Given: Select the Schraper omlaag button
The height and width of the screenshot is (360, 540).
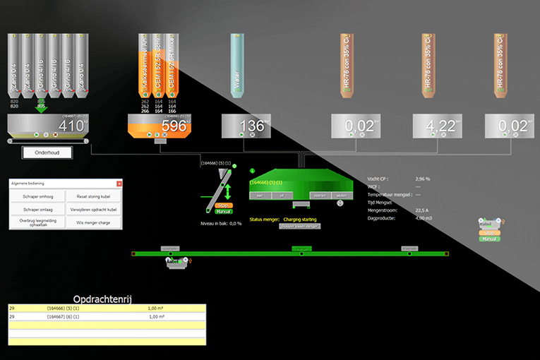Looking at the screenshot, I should tap(37, 210).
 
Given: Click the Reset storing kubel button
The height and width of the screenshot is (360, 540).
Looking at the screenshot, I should tap(94, 197).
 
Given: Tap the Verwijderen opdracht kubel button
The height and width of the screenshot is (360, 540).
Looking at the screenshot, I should tap(94, 210).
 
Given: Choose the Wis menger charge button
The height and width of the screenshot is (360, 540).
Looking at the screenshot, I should tap(94, 223).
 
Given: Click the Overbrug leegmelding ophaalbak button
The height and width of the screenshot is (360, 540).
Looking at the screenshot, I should tap(37, 223).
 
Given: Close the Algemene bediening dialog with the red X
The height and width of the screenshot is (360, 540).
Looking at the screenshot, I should tap(119, 184).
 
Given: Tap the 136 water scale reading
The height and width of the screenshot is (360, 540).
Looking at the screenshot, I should tap(251, 126).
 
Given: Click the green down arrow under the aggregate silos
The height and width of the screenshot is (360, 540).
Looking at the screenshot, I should tap(42, 108).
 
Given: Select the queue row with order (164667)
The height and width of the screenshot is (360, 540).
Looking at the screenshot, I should tap(106, 317).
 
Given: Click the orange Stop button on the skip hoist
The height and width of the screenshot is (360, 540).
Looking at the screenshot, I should tap(223, 205).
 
